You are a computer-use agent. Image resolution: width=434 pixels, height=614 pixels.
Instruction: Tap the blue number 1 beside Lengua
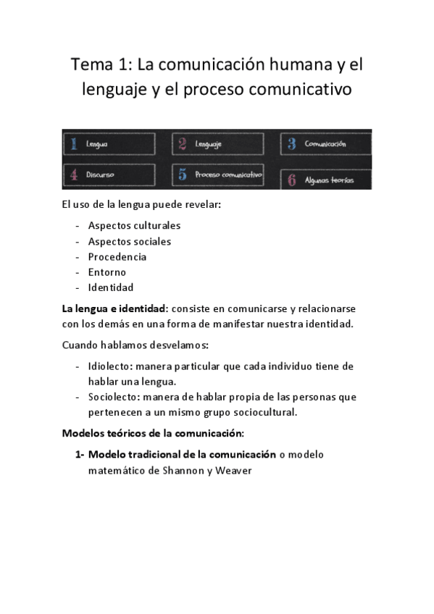(72, 144)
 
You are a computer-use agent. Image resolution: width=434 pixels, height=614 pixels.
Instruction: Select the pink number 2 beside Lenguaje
(183, 144)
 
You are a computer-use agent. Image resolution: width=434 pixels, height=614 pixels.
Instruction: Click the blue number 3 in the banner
(291, 144)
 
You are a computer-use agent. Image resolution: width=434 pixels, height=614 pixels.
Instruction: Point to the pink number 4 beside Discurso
(73, 174)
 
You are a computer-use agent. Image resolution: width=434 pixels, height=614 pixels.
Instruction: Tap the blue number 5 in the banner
(183, 174)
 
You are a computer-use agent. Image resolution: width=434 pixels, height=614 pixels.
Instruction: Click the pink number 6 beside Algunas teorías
(291, 180)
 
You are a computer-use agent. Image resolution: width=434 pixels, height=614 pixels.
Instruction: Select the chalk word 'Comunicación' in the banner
(325, 144)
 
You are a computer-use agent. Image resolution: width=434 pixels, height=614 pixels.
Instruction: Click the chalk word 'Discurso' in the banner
(100, 174)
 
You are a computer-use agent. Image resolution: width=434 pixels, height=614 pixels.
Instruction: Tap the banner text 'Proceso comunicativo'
(228, 174)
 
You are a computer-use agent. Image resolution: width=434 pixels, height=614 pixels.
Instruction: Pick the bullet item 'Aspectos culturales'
(134, 226)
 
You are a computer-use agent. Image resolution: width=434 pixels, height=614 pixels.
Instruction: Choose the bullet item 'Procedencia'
(117, 257)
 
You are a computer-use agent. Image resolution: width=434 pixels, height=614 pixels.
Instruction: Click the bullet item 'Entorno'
(107, 272)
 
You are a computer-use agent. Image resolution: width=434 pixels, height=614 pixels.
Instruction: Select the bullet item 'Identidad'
(111, 287)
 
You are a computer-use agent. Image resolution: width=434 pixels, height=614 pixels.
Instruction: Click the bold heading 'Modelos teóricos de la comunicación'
(153, 434)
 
